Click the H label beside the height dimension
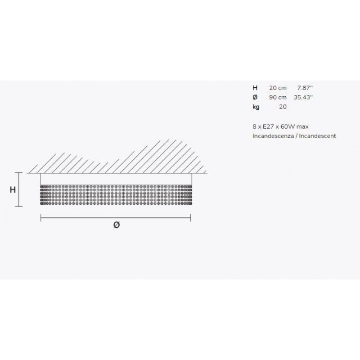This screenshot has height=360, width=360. pos(13,189)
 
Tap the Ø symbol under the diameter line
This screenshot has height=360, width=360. pos(117,225)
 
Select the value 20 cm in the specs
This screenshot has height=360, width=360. pos(278,88)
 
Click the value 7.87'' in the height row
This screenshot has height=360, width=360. pos(305,88)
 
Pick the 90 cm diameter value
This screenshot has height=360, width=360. pos(278,97)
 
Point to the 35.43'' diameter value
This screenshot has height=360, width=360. pos(303,97)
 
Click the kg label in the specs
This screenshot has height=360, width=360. pos(256,107)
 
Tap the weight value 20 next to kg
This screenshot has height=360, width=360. pos(283,107)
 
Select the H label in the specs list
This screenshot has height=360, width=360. pos(255,88)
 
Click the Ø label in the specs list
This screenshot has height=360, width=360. pos(255,97)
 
